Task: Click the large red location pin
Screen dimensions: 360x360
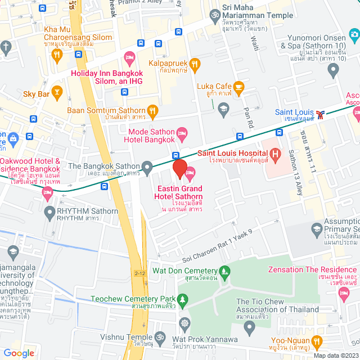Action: pos(179,169)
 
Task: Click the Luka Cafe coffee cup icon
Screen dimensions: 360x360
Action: pos(238,86)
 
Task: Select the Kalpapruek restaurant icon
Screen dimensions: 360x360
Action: pos(195,64)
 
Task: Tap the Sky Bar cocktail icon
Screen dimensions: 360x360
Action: pos(56,91)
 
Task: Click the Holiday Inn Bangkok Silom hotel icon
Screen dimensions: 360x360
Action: pos(129,57)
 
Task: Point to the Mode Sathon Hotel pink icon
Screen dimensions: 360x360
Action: pos(182,133)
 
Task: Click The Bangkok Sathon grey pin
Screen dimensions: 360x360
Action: pos(147,166)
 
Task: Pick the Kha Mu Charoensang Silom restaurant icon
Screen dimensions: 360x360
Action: pos(56,55)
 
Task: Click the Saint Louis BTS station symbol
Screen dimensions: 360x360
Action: pos(320,114)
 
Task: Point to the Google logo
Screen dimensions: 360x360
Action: pos(19,353)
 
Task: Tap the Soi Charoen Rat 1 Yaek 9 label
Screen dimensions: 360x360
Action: pos(217,246)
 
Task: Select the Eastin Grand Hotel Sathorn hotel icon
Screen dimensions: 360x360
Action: pos(190,173)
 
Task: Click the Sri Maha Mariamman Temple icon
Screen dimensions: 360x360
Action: pos(214,14)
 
